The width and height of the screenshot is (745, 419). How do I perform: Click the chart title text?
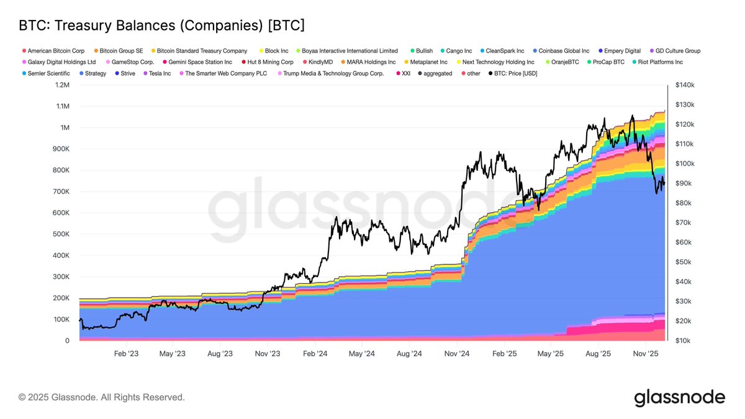[161, 25]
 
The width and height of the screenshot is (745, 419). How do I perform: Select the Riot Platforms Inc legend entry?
[659, 62]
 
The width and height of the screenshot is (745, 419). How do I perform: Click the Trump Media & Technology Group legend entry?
[333, 73]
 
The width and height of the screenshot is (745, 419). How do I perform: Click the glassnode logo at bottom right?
[679, 397]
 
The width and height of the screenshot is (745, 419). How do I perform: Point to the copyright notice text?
[102, 397]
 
